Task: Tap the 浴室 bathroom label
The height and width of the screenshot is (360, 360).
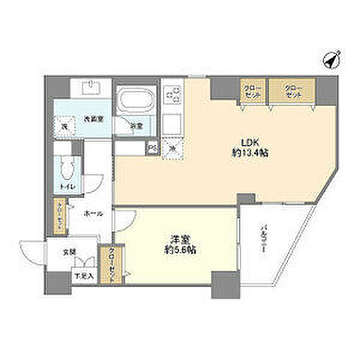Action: (135, 125)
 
